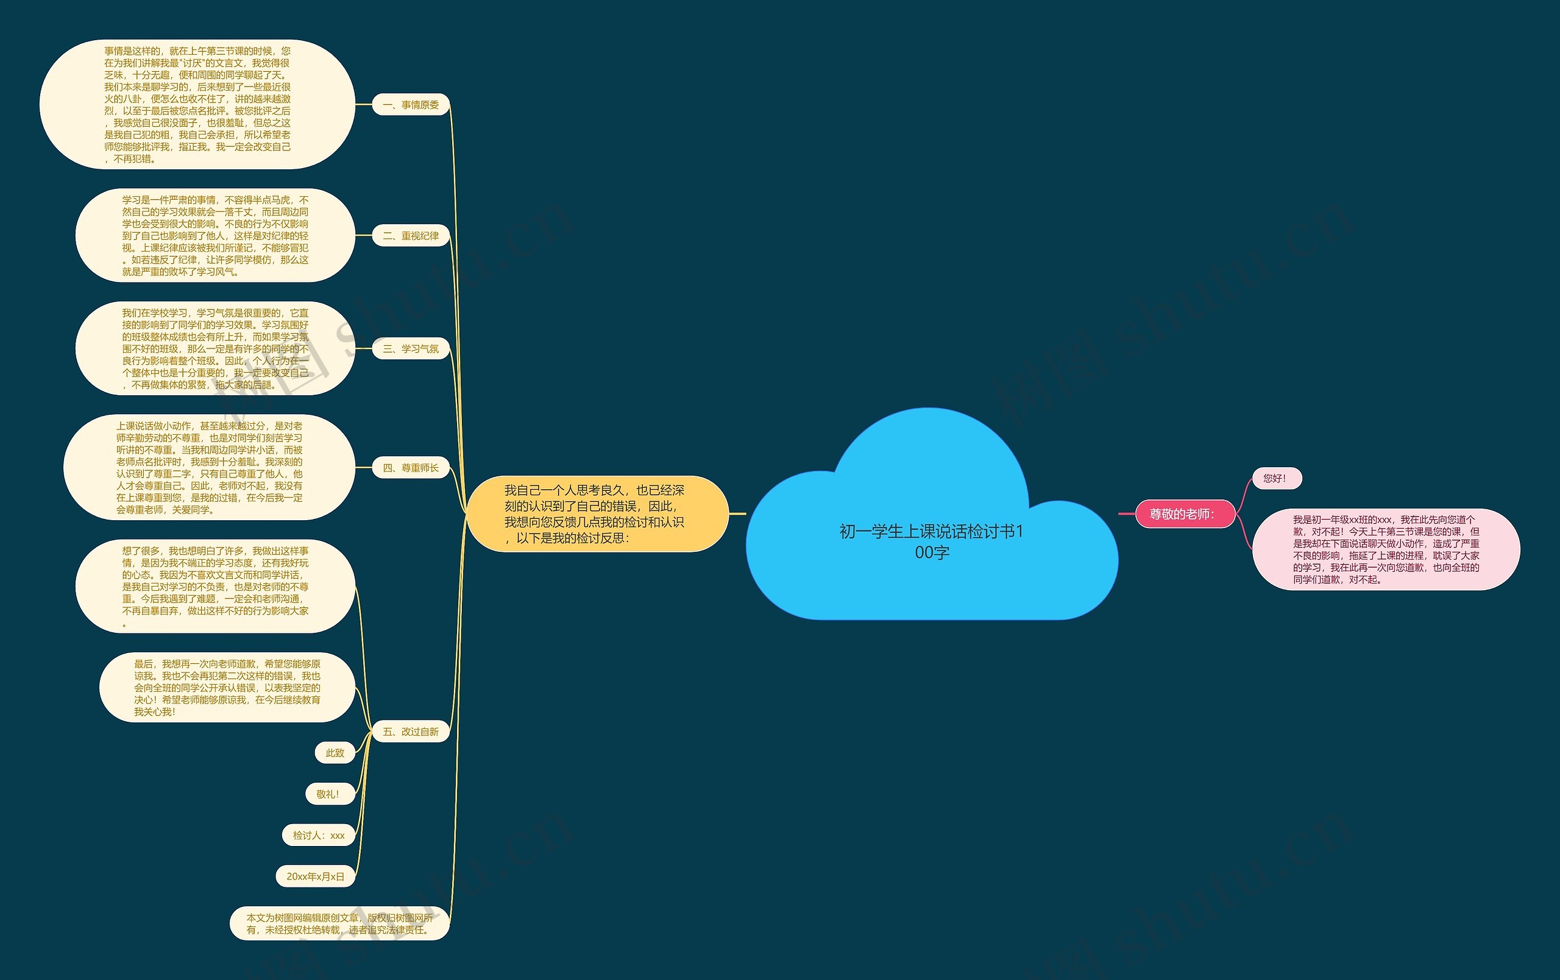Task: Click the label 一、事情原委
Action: pos(411,105)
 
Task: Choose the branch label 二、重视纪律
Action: pos(411,236)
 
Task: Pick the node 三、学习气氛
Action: pos(411,348)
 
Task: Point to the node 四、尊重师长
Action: pos(411,468)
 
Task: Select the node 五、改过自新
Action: pos(411,731)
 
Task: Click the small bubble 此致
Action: pos(335,753)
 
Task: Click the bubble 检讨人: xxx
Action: pos(319,836)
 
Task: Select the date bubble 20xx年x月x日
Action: pos(316,876)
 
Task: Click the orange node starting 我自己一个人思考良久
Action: pos(597,513)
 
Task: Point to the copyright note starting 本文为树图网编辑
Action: pos(339,923)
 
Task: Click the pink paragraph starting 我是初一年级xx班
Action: pos(1386,549)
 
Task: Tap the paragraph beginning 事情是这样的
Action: pos(197,104)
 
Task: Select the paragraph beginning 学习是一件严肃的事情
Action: pos(215,236)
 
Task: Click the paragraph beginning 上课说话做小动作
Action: pos(209,468)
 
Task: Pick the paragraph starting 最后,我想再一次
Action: pos(227,687)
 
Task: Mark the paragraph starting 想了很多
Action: pos(215,586)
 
